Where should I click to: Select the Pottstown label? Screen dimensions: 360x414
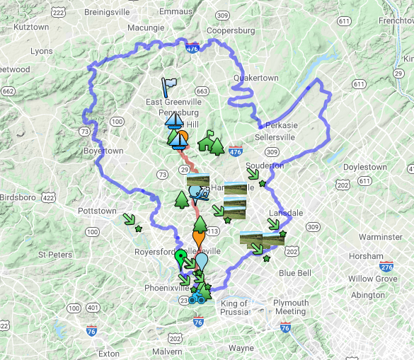click(97, 211)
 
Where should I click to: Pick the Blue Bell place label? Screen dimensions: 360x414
click(295, 273)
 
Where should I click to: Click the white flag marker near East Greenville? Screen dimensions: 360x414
click(168, 86)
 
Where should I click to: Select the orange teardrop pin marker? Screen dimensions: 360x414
click(198, 239)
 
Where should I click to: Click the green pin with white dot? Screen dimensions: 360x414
click(181, 256)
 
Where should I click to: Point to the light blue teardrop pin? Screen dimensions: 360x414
click(202, 260)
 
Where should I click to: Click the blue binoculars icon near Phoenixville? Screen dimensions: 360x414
click(196, 299)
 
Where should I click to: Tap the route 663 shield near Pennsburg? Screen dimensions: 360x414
click(202, 91)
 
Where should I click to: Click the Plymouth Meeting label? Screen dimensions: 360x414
click(291, 307)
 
